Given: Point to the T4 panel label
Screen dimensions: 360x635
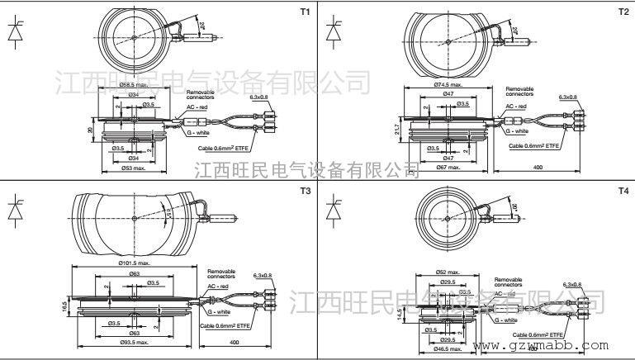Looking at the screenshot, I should tap(623, 191).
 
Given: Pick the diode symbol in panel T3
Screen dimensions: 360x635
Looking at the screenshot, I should tap(15, 208).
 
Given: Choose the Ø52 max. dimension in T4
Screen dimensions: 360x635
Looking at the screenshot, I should tap(446, 271).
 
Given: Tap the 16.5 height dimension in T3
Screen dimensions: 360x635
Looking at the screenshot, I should tap(64, 306).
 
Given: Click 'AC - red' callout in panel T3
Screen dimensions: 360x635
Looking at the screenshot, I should tap(219, 285).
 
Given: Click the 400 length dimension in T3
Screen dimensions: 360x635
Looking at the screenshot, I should tap(235, 342).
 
